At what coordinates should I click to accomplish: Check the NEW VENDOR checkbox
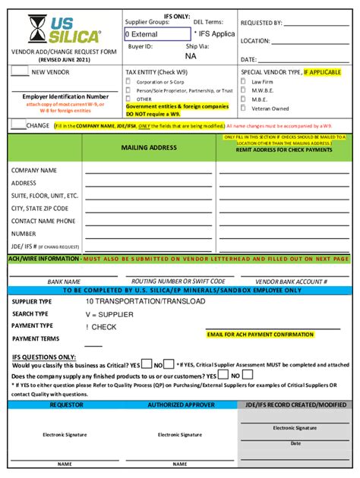(x=19, y=72)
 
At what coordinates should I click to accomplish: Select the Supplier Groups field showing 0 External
(x=156, y=34)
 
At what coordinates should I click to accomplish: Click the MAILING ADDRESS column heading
(x=149, y=147)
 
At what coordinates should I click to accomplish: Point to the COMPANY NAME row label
(x=34, y=171)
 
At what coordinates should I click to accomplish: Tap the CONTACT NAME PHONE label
(x=43, y=221)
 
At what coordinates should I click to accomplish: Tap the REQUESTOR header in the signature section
(x=66, y=405)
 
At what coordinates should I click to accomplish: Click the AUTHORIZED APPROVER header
(x=181, y=405)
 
